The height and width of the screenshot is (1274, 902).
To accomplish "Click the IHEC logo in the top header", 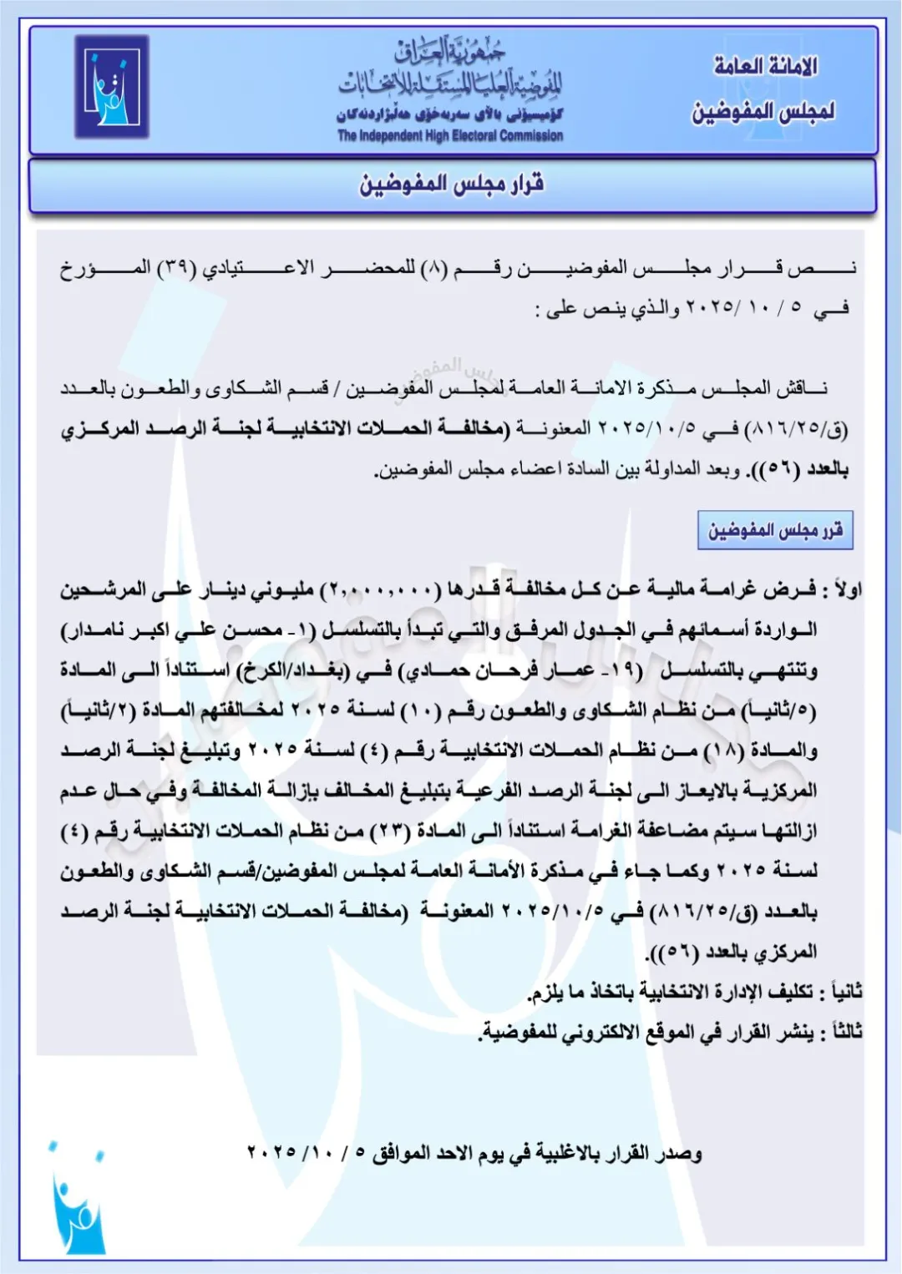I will point(112,86).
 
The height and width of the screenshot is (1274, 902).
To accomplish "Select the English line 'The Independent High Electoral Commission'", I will point(450,136).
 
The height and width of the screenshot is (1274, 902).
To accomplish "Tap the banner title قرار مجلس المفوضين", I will point(452,184).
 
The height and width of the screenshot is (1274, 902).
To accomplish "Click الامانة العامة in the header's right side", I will point(765,66).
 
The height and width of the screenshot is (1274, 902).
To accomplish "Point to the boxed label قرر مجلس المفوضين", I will point(775,530).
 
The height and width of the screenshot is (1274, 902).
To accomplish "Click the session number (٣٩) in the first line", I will point(177,268).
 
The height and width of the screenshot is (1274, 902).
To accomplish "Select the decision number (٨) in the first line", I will point(433,268).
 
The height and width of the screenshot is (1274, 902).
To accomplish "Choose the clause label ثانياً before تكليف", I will point(842,992).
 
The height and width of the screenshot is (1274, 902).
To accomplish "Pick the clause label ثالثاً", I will point(842,1032).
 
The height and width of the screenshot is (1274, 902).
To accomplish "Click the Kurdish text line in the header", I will point(450,114).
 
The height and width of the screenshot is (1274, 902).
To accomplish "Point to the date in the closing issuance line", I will point(307,1153).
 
